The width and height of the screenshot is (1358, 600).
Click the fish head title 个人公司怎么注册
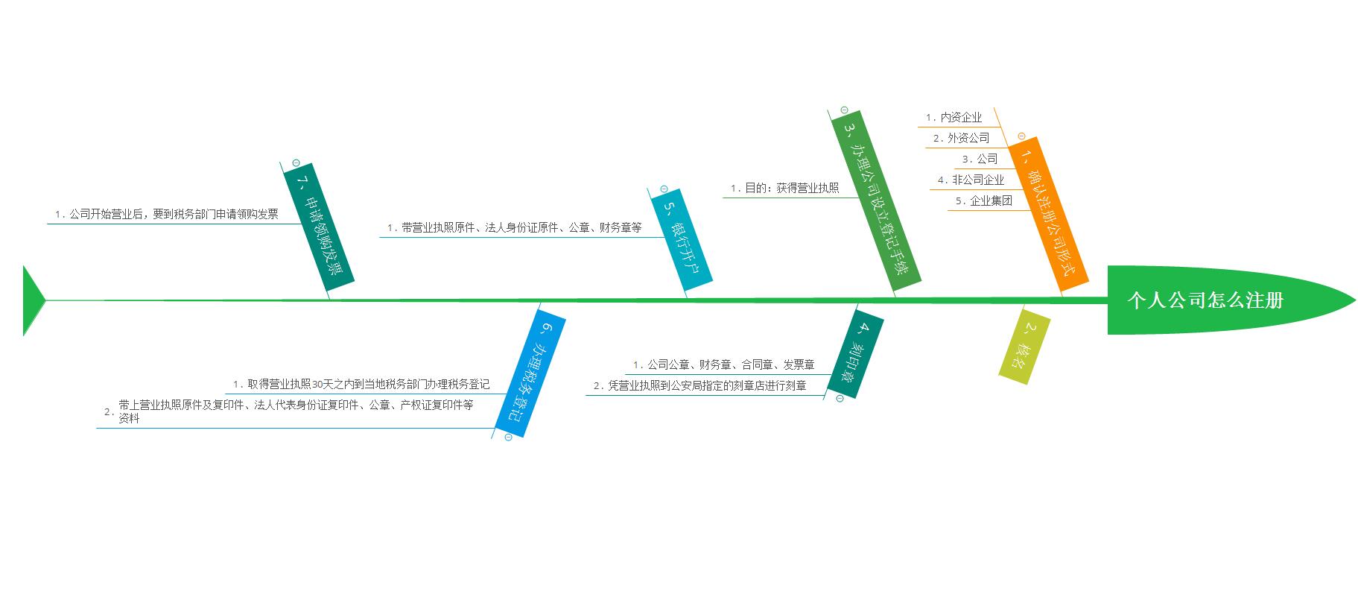point(1205,300)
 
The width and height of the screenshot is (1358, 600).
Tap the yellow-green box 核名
point(1024,346)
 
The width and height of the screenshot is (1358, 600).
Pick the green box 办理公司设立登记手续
point(876,198)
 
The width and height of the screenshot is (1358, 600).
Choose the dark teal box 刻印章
point(856,353)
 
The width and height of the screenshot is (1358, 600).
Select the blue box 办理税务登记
point(530,373)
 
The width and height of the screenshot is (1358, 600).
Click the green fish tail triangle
point(31,300)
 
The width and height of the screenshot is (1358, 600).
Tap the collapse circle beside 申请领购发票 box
point(296,162)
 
